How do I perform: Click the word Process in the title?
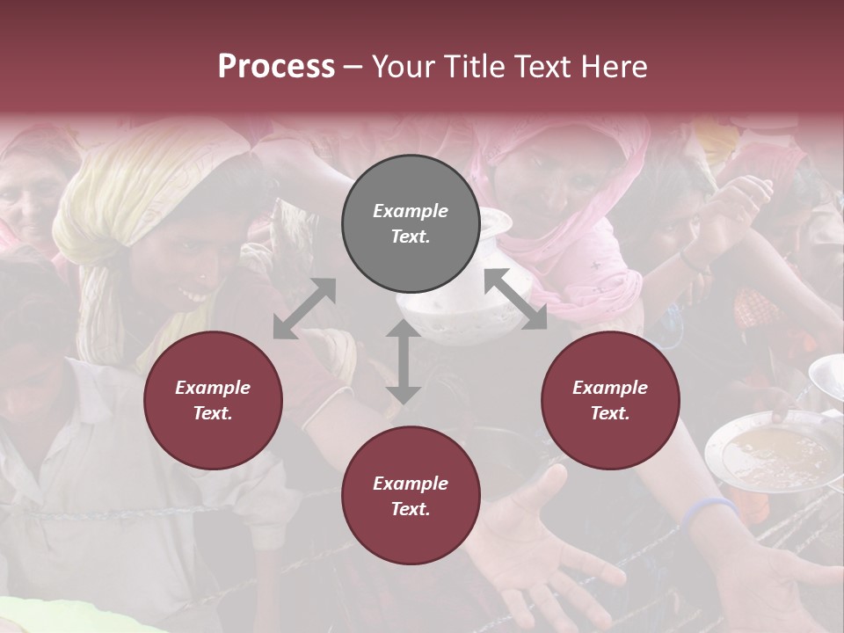coord(276,67)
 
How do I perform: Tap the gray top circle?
coord(411,223)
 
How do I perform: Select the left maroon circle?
coord(213,400)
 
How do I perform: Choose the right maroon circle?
coord(610,400)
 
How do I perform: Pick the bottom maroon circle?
coord(411,496)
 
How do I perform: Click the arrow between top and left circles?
coord(304,309)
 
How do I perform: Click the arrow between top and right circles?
coord(515,300)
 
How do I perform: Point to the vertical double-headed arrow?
coord(403,361)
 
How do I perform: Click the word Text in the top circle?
coord(410,237)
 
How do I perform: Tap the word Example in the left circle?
coord(213,388)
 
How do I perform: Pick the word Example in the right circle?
coord(610,388)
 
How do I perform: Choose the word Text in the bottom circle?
coord(410,509)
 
